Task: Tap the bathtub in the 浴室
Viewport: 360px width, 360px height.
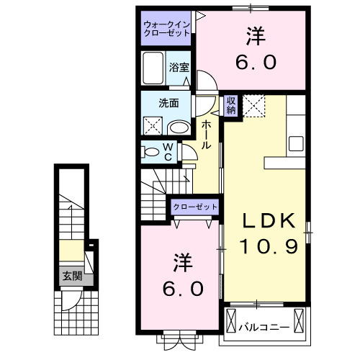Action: click(x=153, y=70)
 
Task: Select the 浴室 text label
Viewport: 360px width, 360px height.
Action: click(x=179, y=67)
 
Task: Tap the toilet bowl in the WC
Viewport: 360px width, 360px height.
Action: click(x=153, y=152)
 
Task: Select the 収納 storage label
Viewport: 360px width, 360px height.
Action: click(x=231, y=105)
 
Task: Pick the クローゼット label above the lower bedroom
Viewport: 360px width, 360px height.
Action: click(x=194, y=207)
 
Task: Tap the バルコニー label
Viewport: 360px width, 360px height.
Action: click(x=264, y=328)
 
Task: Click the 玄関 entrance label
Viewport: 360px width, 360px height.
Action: click(x=71, y=275)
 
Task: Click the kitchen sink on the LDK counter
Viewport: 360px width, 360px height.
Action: click(x=297, y=142)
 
